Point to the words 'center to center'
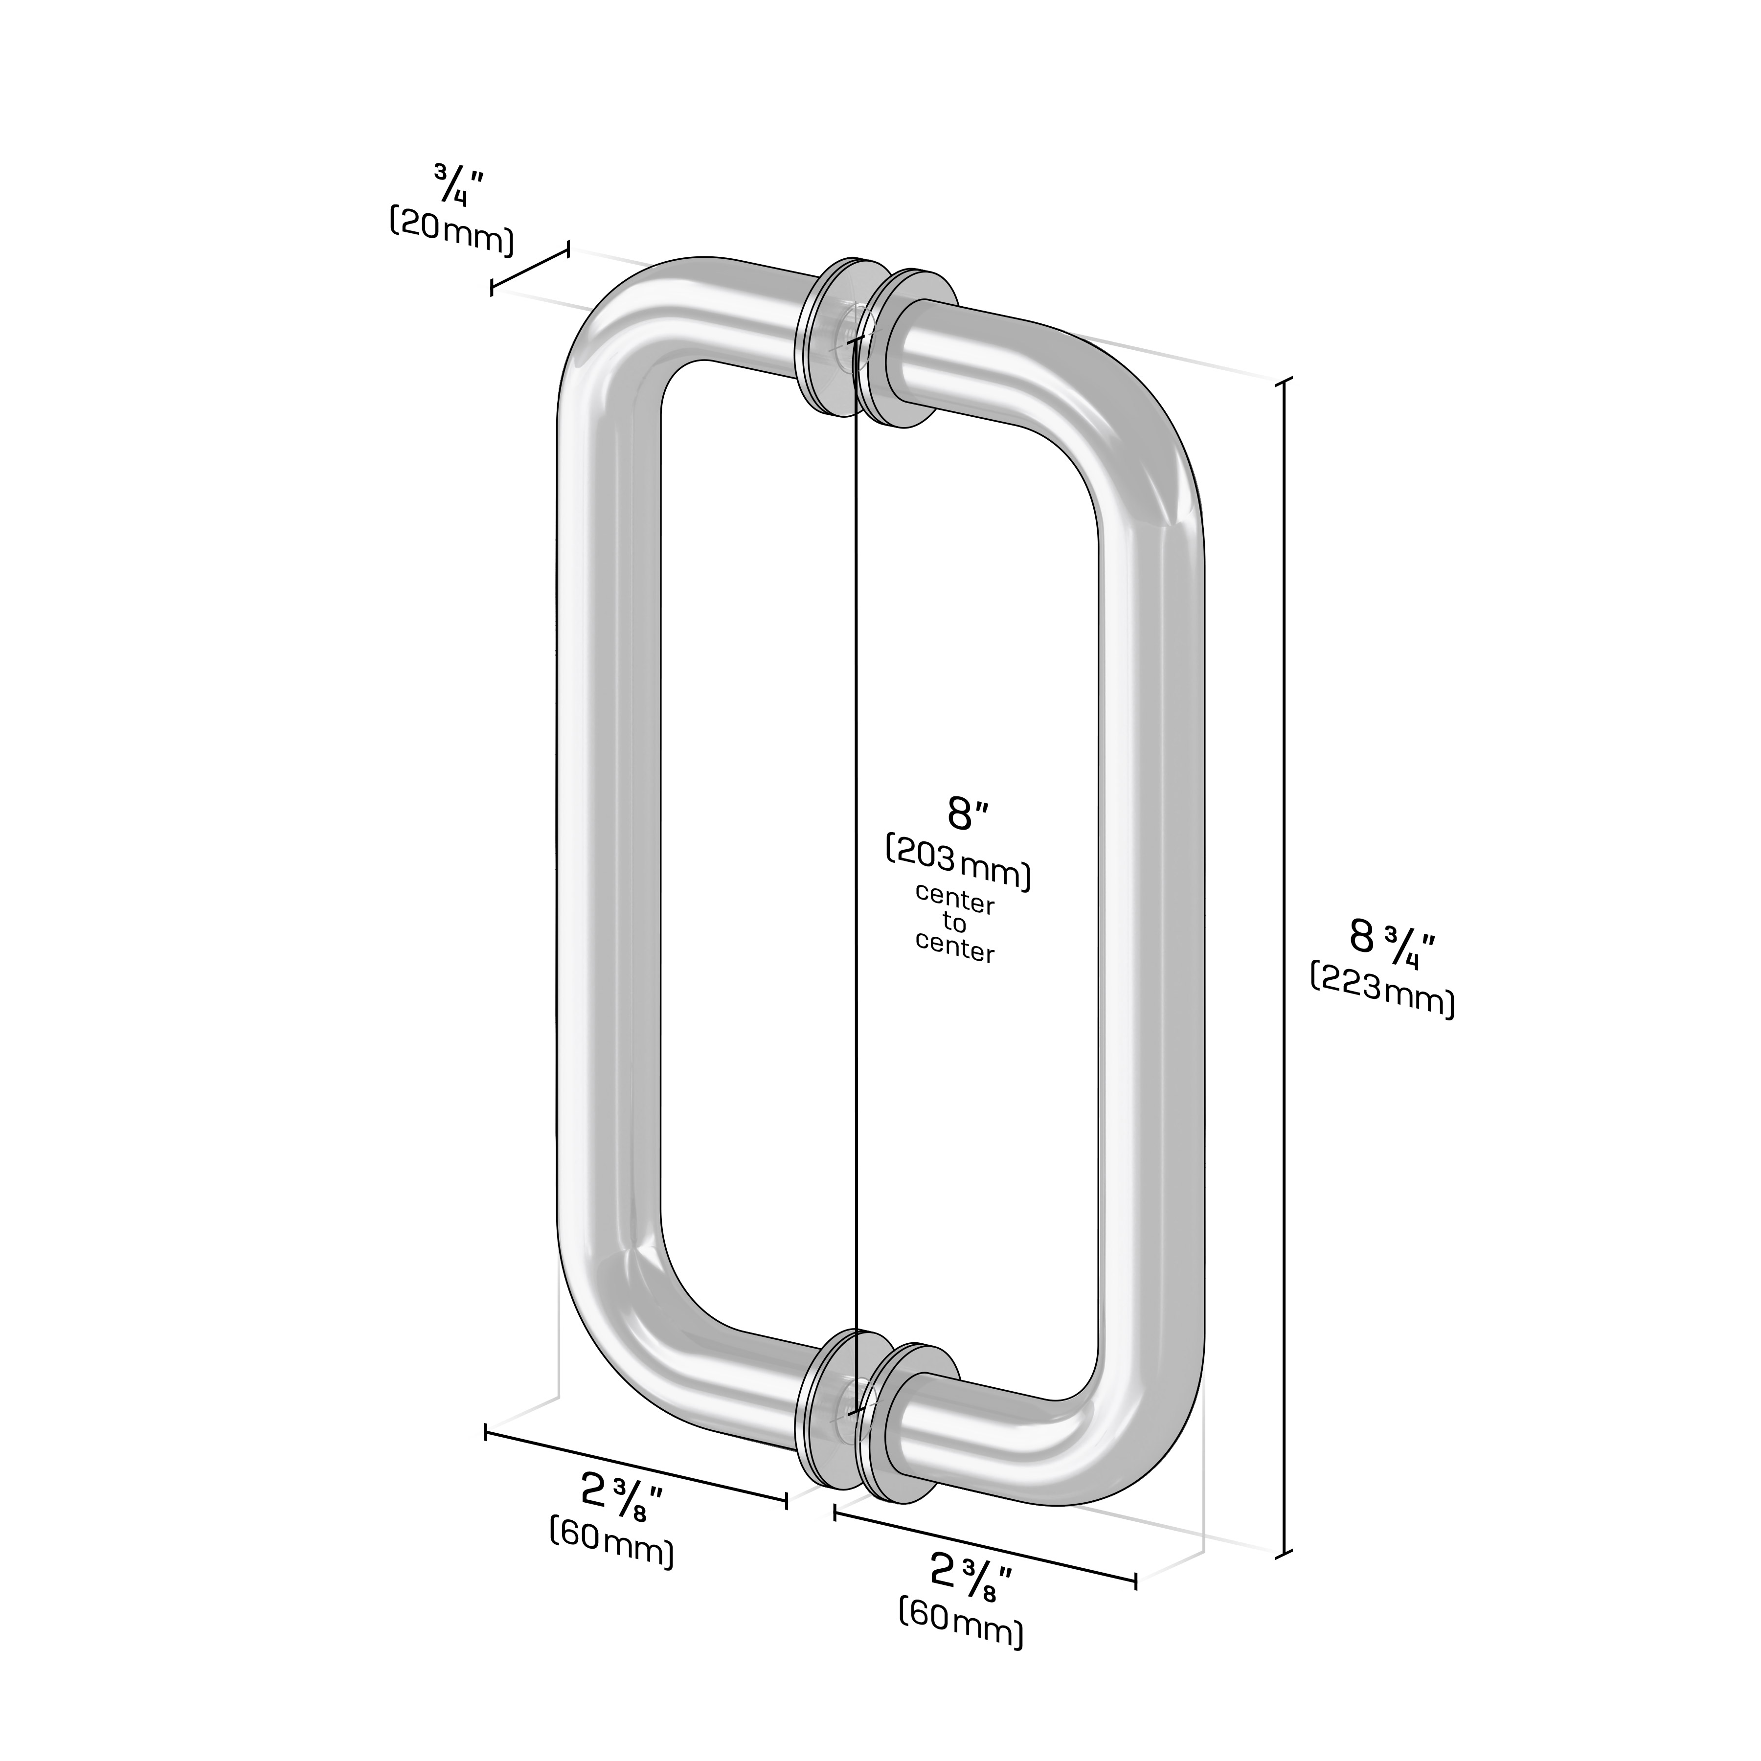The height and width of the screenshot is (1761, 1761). pos(954,924)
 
